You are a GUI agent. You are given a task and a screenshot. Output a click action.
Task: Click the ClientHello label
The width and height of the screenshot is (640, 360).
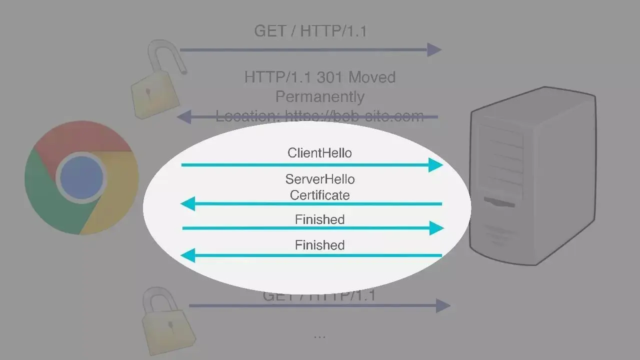pyautogui.click(x=319, y=152)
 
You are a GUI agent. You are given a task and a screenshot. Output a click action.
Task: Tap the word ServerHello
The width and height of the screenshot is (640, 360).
pyautogui.click(x=320, y=179)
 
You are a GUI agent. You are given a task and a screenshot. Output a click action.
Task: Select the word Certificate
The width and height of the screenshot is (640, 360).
pyautogui.click(x=319, y=194)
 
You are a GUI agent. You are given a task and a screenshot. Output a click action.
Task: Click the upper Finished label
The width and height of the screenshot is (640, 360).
pyautogui.click(x=319, y=219)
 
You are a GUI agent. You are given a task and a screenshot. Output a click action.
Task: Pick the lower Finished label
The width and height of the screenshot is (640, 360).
pyautogui.click(x=319, y=245)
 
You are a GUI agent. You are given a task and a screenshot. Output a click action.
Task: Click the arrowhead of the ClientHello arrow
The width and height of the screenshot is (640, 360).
pyautogui.click(x=436, y=164)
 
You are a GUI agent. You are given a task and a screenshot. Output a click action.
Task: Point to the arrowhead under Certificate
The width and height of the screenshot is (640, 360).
pyautogui.click(x=187, y=203)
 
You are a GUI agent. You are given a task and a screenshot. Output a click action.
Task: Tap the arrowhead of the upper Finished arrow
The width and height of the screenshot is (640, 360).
pyautogui.click(x=436, y=228)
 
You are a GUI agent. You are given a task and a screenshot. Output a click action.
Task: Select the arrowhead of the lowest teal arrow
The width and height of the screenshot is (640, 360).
pyautogui.click(x=187, y=256)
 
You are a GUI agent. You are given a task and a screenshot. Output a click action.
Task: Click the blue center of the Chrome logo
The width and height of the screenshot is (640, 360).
pyautogui.click(x=81, y=177)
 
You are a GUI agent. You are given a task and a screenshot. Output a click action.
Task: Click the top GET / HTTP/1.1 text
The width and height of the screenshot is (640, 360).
pyautogui.click(x=310, y=31)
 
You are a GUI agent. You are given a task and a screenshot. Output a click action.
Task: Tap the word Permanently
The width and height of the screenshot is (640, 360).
pyautogui.click(x=320, y=96)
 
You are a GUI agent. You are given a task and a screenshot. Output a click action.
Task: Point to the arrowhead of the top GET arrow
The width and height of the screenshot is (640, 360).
pyautogui.click(x=434, y=49)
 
